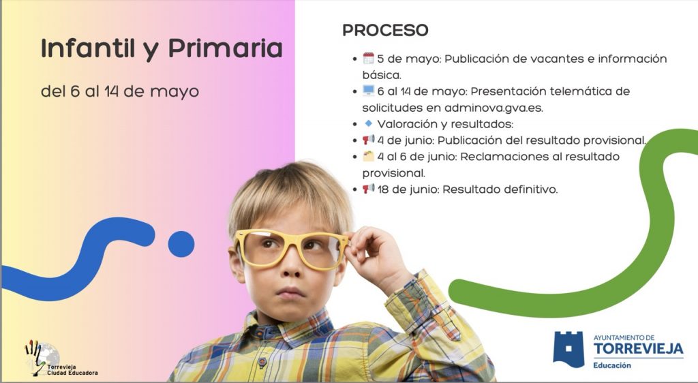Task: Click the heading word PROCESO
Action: click(385, 30)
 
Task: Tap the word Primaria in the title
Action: click(225, 48)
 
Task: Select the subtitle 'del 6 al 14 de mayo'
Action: click(120, 91)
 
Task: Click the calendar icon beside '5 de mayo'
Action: click(368, 58)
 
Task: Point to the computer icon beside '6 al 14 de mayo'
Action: click(368, 91)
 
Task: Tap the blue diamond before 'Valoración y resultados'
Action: click(368, 123)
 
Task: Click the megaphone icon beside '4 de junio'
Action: click(368, 139)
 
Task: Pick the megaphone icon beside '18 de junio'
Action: click(368, 188)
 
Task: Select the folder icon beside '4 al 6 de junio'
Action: click(368, 155)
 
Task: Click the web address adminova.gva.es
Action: click(494, 108)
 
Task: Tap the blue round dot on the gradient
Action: click(181, 244)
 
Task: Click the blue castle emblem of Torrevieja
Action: click(568, 349)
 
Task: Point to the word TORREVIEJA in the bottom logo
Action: click(638, 348)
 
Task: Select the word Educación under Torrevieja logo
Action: click(612, 365)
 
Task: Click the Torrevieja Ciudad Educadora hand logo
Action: click(42, 358)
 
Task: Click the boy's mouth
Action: click(290, 292)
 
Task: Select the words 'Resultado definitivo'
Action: click(500, 189)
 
